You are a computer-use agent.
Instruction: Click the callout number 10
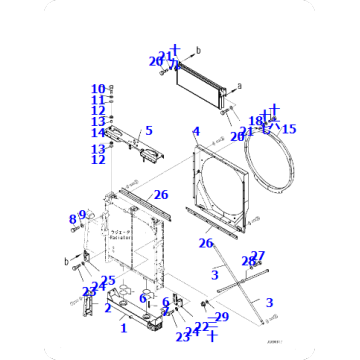click(x=99, y=89)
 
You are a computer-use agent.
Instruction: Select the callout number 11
click(x=99, y=100)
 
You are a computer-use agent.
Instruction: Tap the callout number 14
click(x=99, y=133)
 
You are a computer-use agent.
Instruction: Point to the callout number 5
click(x=148, y=130)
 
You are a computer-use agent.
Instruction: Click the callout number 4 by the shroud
click(x=196, y=131)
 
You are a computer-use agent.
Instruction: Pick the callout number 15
click(x=289, y=128)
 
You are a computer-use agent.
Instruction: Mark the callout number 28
click(x=247, y=262)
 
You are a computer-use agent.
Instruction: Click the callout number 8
click(x=72, y=219)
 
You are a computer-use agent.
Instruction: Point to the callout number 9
click(x=84, y=214)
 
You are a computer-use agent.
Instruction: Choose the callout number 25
click(x=108, y=281)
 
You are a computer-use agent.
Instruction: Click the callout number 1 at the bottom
click(x=123, y=328)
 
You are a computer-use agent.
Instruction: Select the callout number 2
click(x=107, y=307)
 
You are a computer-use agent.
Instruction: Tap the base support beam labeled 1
click(x=130, y=310)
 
